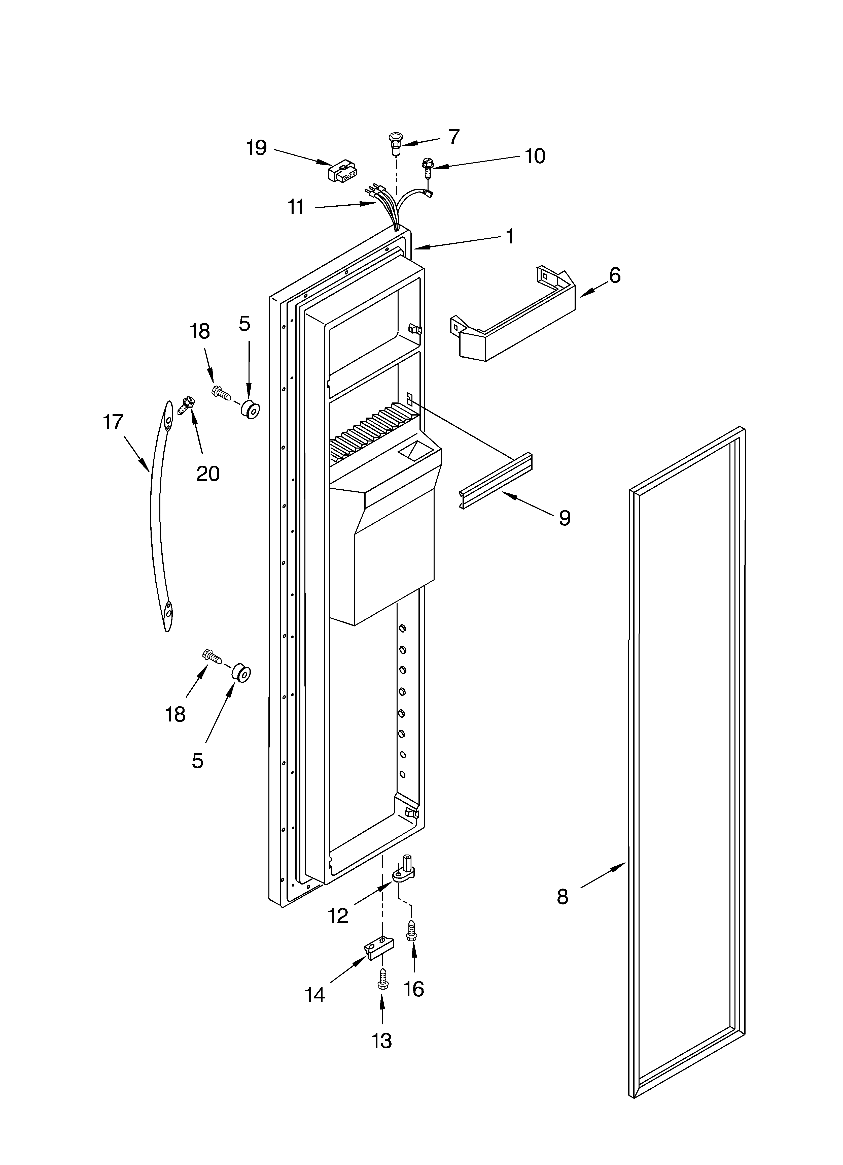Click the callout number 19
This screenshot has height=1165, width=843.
[x=256, y=148]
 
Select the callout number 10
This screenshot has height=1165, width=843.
[x=535, y=156]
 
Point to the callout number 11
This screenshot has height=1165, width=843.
[x=296, y=207]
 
